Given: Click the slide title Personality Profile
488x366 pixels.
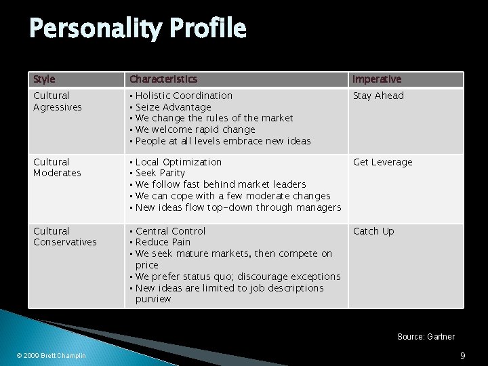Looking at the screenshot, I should [138, 28].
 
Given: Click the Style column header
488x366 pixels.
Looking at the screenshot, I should [44, 79].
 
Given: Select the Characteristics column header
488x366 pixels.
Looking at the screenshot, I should [163, 79].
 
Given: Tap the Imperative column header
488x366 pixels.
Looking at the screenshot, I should [377, 79].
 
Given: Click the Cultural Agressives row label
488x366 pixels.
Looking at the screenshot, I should [58, 101].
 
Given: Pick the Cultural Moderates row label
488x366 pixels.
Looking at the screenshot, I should [57, 167].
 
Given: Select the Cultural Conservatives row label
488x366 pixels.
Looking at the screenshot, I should [65, 237].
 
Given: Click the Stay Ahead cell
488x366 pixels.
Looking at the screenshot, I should [378, 96].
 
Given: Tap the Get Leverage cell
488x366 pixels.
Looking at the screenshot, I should [382, 162].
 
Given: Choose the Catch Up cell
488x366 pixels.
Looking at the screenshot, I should [373, 231].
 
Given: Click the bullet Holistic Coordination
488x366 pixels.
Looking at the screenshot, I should [184, 96].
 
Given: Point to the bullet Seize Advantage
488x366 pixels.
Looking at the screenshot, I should [173, 107].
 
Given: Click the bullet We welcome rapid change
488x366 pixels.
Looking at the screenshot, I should [195, 129].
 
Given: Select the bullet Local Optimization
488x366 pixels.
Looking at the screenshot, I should [178, 162].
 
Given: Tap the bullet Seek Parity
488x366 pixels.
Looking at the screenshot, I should [160, 173].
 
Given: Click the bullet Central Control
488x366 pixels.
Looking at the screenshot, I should [170, 231].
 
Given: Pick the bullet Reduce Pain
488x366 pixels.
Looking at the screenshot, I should [163, 242].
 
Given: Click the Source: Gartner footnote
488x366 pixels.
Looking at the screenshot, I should [426, 336].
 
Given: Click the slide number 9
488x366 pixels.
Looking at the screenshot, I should [462, 355].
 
